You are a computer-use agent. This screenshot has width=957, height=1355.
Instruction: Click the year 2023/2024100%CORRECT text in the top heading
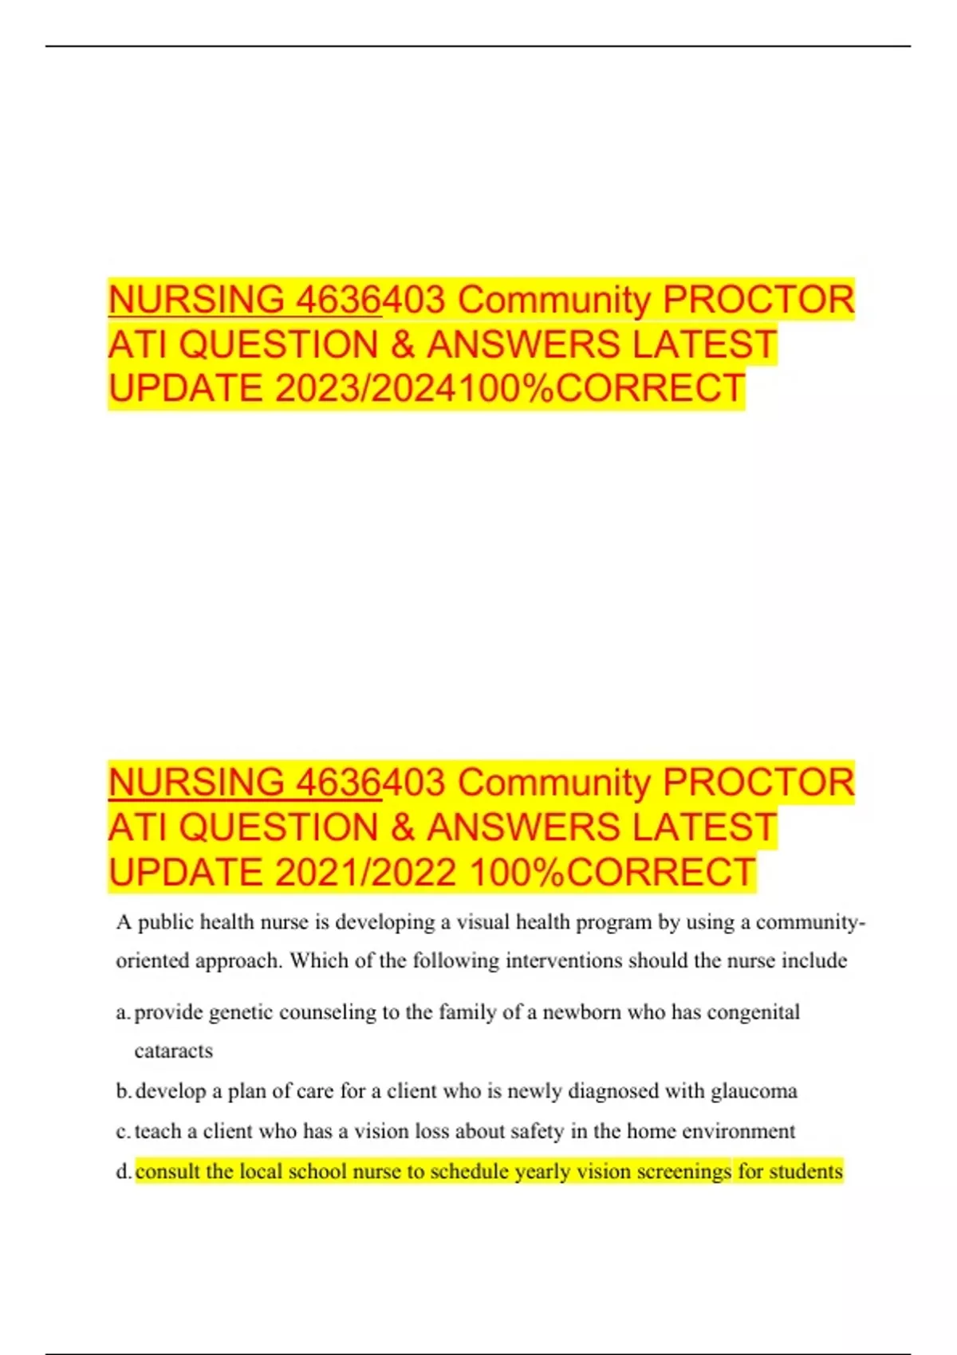[510, 389]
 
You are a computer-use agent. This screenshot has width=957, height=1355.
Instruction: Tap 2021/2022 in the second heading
[366, 872]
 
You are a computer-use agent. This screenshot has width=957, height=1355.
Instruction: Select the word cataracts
[174, 1051]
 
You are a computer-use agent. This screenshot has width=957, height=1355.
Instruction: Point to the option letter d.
[123, 1172]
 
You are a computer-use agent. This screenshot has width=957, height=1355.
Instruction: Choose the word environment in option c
[738, 1131]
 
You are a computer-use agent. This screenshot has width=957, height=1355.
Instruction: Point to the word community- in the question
[810, 922]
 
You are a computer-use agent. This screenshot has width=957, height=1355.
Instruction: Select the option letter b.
[123, 1090]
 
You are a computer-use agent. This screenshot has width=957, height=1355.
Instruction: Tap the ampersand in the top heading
[403, 344]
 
